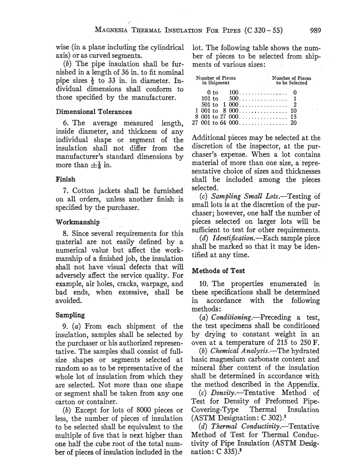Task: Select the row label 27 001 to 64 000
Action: tap(216, 123)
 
